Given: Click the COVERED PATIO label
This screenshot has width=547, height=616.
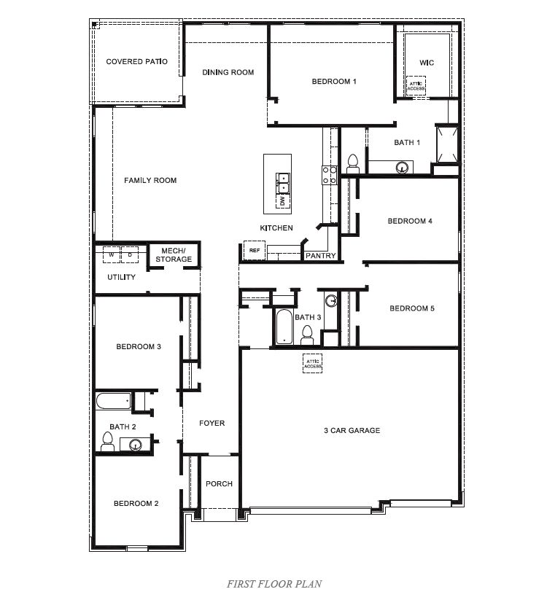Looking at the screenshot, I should pos(136,62).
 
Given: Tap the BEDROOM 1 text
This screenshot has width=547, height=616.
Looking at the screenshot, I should pos(334,82).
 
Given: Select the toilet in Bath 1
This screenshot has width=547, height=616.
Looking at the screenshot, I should pos(353,161).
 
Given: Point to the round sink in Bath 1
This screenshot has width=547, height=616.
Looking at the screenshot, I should pos(402,167).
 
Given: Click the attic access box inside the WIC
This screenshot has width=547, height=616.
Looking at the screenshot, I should pos(416,85).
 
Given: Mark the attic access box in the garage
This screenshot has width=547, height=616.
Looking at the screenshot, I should pos(313,363).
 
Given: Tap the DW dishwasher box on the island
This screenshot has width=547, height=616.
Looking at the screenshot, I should pos(282,201).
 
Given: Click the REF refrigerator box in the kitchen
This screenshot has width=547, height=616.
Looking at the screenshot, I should pos(254,250).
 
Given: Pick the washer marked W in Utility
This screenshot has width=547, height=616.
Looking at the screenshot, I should pos(112,255).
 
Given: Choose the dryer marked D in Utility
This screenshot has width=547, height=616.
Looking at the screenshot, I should pos(131,255).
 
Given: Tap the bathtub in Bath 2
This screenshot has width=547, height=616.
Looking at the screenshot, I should pos(113,401).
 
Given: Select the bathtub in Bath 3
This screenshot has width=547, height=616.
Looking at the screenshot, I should pos(284,326).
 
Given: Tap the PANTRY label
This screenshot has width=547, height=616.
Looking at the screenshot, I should pos(320,256).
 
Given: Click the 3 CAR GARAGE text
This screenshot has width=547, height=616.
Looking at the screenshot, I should pos(352,431).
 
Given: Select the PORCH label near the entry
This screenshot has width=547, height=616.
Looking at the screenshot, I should pos(219,484).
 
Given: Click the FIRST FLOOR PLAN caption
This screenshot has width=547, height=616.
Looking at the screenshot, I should pos(273,583).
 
